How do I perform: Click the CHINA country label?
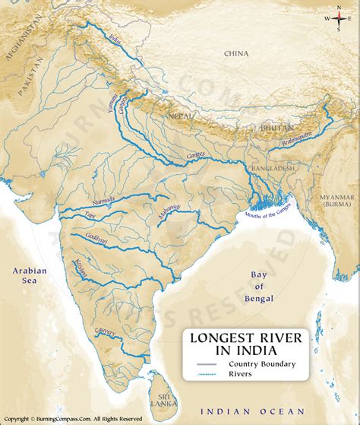tap(235, 53)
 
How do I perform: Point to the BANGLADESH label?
tap(274, 167)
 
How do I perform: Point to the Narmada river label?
tap(103, 201)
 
